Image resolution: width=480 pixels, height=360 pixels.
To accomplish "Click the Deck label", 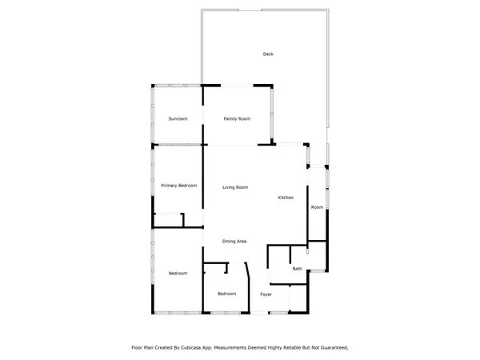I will (268, 54).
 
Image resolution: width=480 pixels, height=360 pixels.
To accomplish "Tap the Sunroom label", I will (178, 119).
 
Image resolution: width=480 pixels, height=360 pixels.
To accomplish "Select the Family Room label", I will (237, 119).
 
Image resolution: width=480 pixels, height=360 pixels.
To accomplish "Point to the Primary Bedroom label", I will (178, 186).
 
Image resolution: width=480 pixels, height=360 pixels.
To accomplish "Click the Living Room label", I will (235, 187).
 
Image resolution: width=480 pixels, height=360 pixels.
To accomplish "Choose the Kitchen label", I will (286, 198).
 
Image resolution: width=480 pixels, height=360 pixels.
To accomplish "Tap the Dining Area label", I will (234, 242).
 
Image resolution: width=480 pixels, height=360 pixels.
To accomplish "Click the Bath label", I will (297, 269).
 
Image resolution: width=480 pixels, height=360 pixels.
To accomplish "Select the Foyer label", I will (266, 294).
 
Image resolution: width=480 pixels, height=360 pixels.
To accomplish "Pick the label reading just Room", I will (317, 207).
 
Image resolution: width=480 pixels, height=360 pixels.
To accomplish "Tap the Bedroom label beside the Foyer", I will (227, 294).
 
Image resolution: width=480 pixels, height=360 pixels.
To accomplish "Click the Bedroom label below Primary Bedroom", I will (178, 274).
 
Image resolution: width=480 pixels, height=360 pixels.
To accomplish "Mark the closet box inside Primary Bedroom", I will (168, 220).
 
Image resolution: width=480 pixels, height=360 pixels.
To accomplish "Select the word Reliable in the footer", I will (292, 348).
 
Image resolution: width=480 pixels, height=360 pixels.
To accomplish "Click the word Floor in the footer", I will (138, 348).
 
